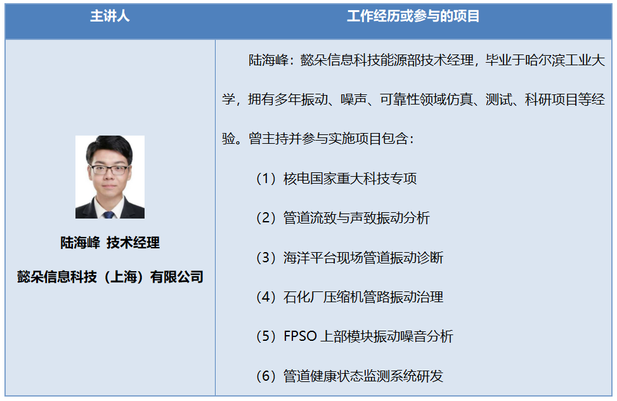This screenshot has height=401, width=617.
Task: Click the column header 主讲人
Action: tap(110, 17)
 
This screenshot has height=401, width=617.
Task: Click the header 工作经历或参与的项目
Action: tap(413, 17)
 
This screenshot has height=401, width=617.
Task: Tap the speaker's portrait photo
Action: tap(110, 177)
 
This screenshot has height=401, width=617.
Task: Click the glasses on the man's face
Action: tap(110, 170)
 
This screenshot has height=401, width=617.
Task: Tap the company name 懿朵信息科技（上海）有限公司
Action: tap(110, 277)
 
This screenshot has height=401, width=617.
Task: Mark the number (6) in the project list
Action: tap(265, 376)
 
